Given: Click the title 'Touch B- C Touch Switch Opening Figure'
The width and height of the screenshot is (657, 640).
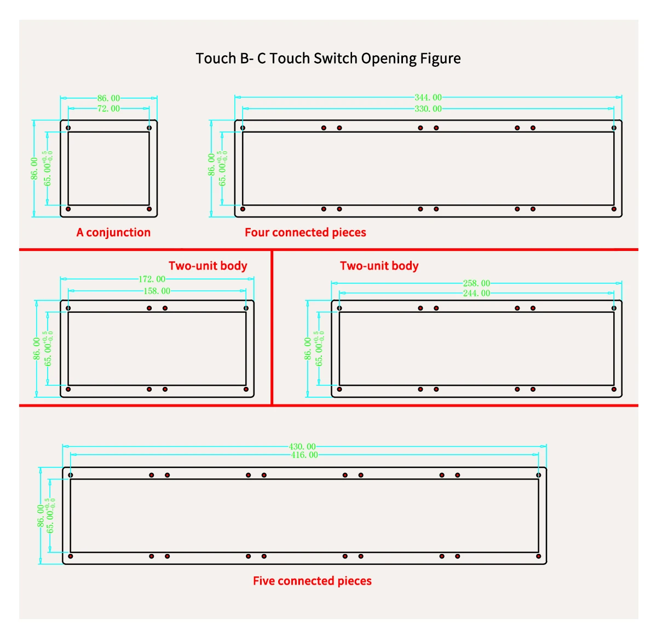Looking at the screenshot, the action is [x=328, y=59].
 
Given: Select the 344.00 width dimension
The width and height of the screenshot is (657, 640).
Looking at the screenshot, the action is [x=428, y=98].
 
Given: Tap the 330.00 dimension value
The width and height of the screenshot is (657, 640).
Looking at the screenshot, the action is [x=428, y=108].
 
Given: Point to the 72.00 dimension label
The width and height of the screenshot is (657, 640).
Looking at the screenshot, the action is [x=108, y=108].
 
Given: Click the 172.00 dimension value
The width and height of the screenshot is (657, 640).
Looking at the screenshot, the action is [x=152, y=279].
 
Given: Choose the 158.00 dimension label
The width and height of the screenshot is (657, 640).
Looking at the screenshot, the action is [x=157, y=291].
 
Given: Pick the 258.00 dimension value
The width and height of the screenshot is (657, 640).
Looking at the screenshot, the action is [x=476, y=283].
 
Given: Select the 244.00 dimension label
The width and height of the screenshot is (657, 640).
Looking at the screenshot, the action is [x=476, y=293].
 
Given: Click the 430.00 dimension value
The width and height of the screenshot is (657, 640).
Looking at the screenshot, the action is [x=302, y=447].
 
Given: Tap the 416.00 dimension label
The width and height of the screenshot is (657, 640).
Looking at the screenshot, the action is [x=304, y=455].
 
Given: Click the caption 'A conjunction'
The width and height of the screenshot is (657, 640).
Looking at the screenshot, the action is [x=113, y=232].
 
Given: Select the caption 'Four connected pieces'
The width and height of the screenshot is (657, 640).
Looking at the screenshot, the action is [x=305, y=232].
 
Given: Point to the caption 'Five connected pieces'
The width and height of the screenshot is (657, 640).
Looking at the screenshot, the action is [x=312, y=581].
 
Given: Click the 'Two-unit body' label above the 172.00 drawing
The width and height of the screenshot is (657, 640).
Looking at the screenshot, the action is [x=208, y=266].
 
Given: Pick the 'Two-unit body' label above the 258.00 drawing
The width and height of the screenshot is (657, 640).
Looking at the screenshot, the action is [x=379, y=266].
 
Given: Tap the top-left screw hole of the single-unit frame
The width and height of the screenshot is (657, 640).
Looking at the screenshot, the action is [x=68, y=128].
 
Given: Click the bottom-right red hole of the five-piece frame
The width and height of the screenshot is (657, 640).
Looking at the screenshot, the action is [x=538, y=556].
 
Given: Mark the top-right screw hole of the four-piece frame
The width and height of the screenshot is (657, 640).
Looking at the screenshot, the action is [x=614, y=128].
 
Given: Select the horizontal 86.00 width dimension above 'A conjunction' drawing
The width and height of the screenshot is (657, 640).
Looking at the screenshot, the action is [x=108, y=98].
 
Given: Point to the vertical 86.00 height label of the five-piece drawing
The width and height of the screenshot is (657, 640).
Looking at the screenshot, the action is [x=41, y=516].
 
